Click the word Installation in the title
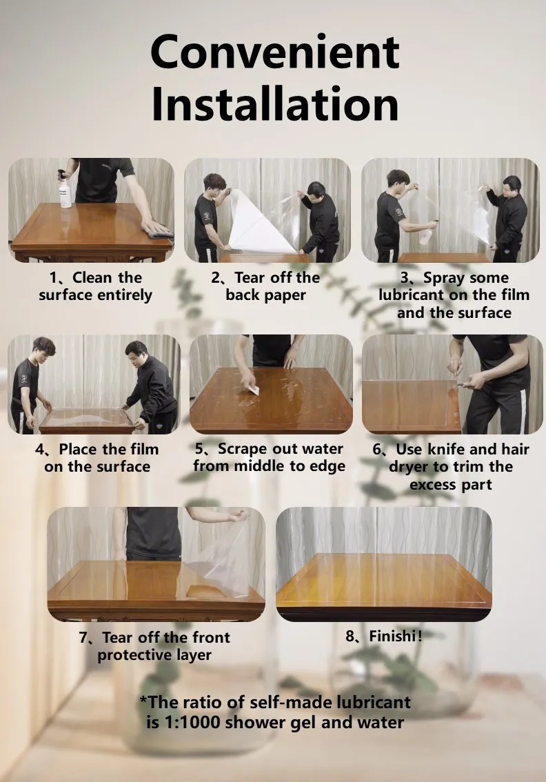275,103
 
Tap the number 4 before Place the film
39,450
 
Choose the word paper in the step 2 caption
285,295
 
